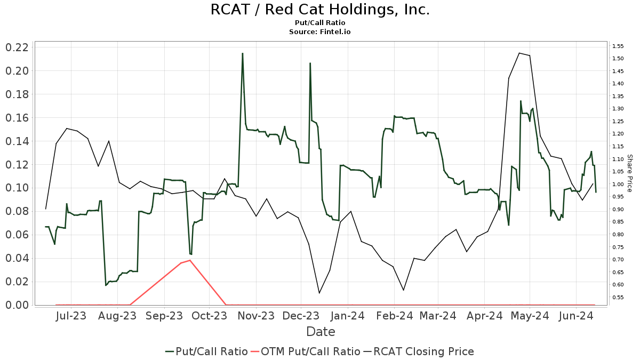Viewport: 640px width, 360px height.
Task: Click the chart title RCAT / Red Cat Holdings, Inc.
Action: (x=320, y=10)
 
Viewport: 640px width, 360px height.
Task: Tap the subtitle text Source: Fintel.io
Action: (x=320, y=31)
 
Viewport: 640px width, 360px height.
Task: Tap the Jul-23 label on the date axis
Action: (x=71, y=316)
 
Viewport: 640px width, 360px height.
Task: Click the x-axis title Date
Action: (x=321, y=332)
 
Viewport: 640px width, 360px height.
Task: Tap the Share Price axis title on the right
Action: (x=629, y=173)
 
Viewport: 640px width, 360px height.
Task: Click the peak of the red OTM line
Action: (x=190, y=260)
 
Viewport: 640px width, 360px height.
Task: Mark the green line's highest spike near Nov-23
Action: (x=243, y=53)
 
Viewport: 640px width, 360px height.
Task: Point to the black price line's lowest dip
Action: (x=319, y=293)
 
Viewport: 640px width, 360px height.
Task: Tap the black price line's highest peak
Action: (x=519, y=53)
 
